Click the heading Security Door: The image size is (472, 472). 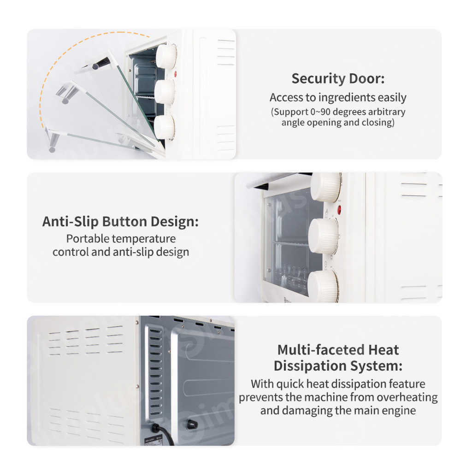[x=338, y=78]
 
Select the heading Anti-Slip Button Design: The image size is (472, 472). [x=120, y=222]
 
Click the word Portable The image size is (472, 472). [x=88, y=238]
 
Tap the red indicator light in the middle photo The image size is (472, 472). [x=339, y=210]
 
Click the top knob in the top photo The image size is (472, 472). [x=166, y=56]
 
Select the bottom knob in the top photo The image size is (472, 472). [x=165, y=127]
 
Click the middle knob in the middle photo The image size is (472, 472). [x=324, y=236]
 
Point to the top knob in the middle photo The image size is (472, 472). [x=326, y=187]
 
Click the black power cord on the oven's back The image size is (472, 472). [x=163, y=433]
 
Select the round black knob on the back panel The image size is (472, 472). [x=192, y=424]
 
